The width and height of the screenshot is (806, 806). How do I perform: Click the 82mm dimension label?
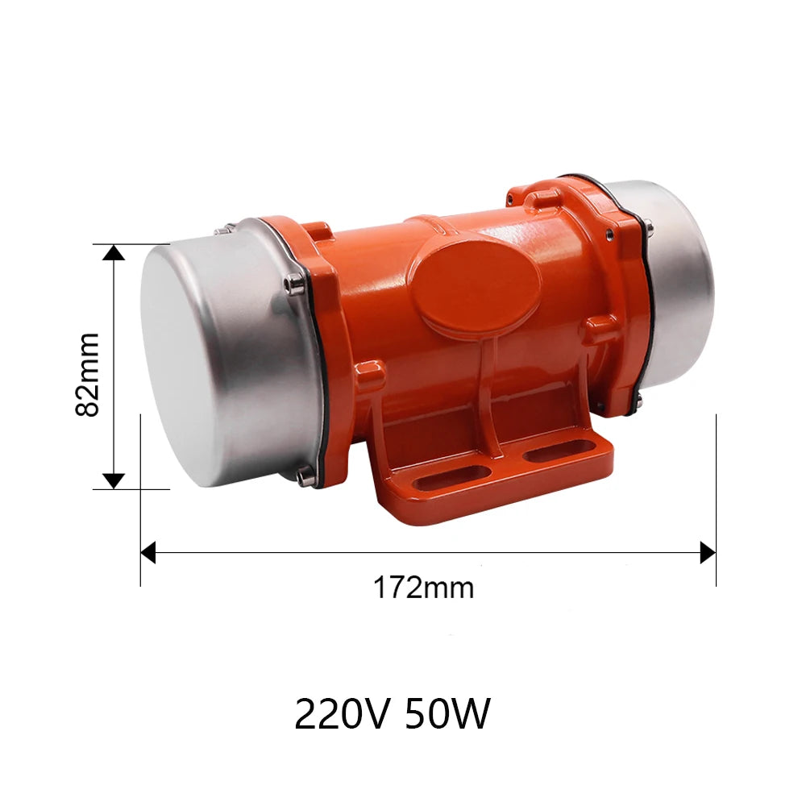point(87,374)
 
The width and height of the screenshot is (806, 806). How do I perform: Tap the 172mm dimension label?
point(422,588)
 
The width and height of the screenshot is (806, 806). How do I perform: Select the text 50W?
point(447,713)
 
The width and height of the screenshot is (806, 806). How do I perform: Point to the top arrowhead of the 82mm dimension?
point(114,253)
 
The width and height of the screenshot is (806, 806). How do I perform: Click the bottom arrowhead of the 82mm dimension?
point(114,480)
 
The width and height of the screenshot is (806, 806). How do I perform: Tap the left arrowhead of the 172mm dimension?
point(147,552)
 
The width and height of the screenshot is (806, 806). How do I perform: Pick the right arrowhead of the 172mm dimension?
point(708,552)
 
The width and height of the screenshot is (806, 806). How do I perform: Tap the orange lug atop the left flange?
point(316,235)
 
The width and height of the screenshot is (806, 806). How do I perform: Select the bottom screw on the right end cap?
point(637,405)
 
